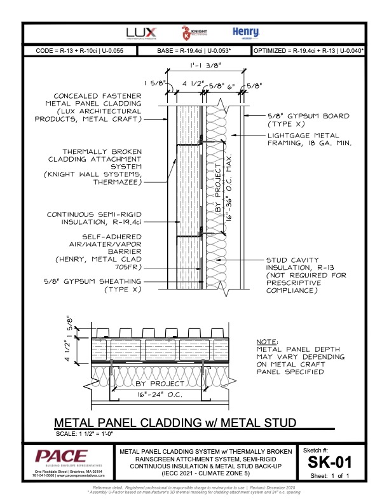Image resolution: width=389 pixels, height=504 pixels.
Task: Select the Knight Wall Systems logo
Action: click(x=187, y=33)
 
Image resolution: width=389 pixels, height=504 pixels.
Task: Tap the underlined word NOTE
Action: click(x=267, y=341)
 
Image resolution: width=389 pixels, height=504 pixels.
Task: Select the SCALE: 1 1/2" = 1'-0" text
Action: click(x=87, y=434)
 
